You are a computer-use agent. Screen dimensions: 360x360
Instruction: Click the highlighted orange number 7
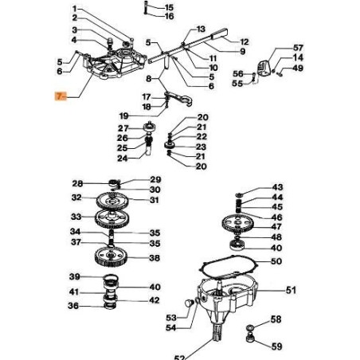click(x=61, y=96)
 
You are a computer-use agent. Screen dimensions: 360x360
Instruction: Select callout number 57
click(x=298, y=48)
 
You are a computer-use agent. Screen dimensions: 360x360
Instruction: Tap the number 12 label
click(x=244, y=42)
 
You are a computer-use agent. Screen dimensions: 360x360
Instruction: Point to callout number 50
click(x=276, y=261)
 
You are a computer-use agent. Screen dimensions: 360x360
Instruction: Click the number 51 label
click(x=291, y=290)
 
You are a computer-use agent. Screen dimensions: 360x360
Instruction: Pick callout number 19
click(x=123, y=116)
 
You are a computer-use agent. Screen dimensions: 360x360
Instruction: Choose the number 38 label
click(x=155, y=258)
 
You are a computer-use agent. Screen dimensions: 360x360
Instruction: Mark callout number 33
click(x=76, y=217)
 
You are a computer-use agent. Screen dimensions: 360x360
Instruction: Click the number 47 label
click(x=276, y=227)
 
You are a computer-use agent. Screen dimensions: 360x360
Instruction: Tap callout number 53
click(x=171, y=318)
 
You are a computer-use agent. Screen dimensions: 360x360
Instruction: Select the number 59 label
click(x=276, y=346)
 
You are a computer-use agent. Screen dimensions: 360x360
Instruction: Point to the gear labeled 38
click(x=111, y=256)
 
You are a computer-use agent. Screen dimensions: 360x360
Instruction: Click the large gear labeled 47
click(x=237, y=223)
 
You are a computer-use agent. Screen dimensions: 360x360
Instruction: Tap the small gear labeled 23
click(x=169, y=146)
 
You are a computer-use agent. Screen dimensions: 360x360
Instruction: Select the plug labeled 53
click(x=189, y=303)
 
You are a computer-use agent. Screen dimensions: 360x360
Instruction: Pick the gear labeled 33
click(x=112, y=218)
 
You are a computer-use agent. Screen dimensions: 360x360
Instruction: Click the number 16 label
click(x=169, y=17)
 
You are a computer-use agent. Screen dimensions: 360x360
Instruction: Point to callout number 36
click(x=73, y=306)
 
